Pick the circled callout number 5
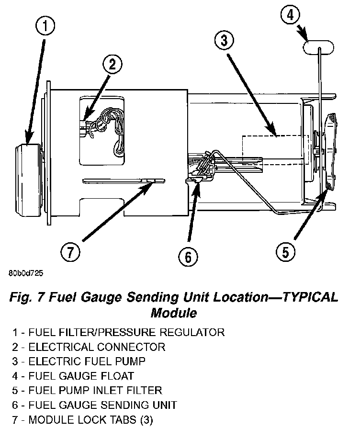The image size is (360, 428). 285,252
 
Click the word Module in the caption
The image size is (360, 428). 174,314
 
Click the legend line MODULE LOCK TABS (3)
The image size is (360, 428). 84,420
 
